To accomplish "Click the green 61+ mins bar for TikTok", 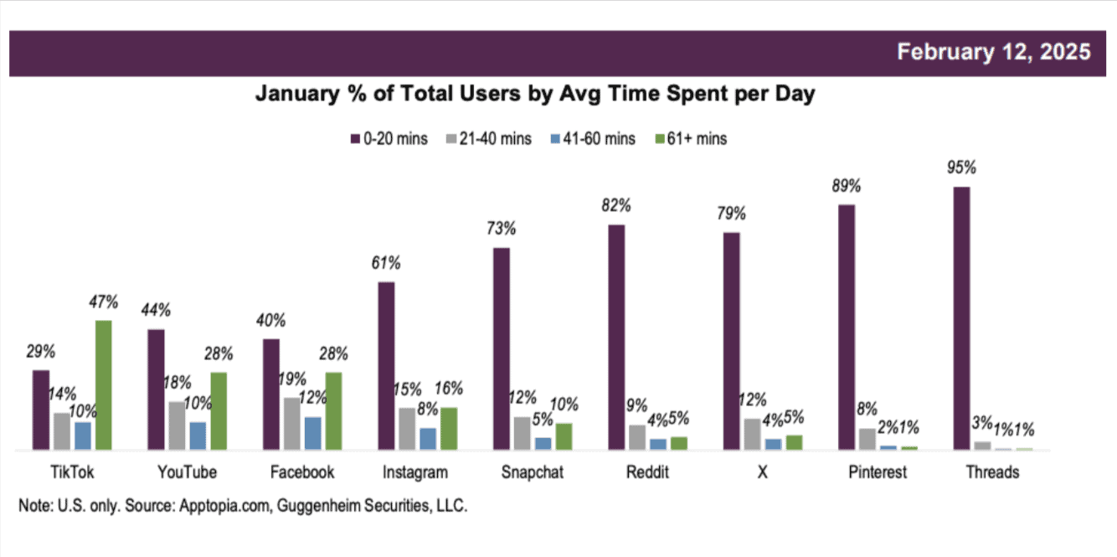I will point(103,385).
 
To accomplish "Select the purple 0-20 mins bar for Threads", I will point(961,318).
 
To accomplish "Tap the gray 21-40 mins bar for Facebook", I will point(291,424).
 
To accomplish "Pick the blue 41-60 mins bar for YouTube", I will point(198,436).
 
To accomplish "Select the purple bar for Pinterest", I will point(847,327).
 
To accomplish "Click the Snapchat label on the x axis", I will point(532,472).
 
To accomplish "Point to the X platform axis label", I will point(762,472).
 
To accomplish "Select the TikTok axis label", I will point(72,472).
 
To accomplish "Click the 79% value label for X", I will point(731,214).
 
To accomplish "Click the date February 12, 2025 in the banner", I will point(993,52).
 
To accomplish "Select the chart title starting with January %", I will point(534,95).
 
